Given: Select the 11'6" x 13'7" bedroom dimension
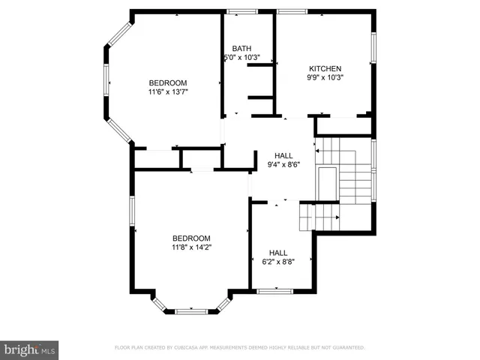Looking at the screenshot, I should coord(168,92).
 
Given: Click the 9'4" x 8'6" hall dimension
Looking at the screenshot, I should coord(283,165).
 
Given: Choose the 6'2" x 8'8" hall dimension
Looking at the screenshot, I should coord(278,262).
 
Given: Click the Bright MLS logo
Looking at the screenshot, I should coord(29,349).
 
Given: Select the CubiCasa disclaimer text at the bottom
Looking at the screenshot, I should coord(239,348).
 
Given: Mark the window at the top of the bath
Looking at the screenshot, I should coord(241,11).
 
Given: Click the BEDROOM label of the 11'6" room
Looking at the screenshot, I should coord(168,82).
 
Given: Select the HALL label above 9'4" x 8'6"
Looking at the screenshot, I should coord(283,155).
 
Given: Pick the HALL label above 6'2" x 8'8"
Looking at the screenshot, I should coord(278,253).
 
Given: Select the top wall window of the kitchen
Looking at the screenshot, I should coord(290,11).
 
